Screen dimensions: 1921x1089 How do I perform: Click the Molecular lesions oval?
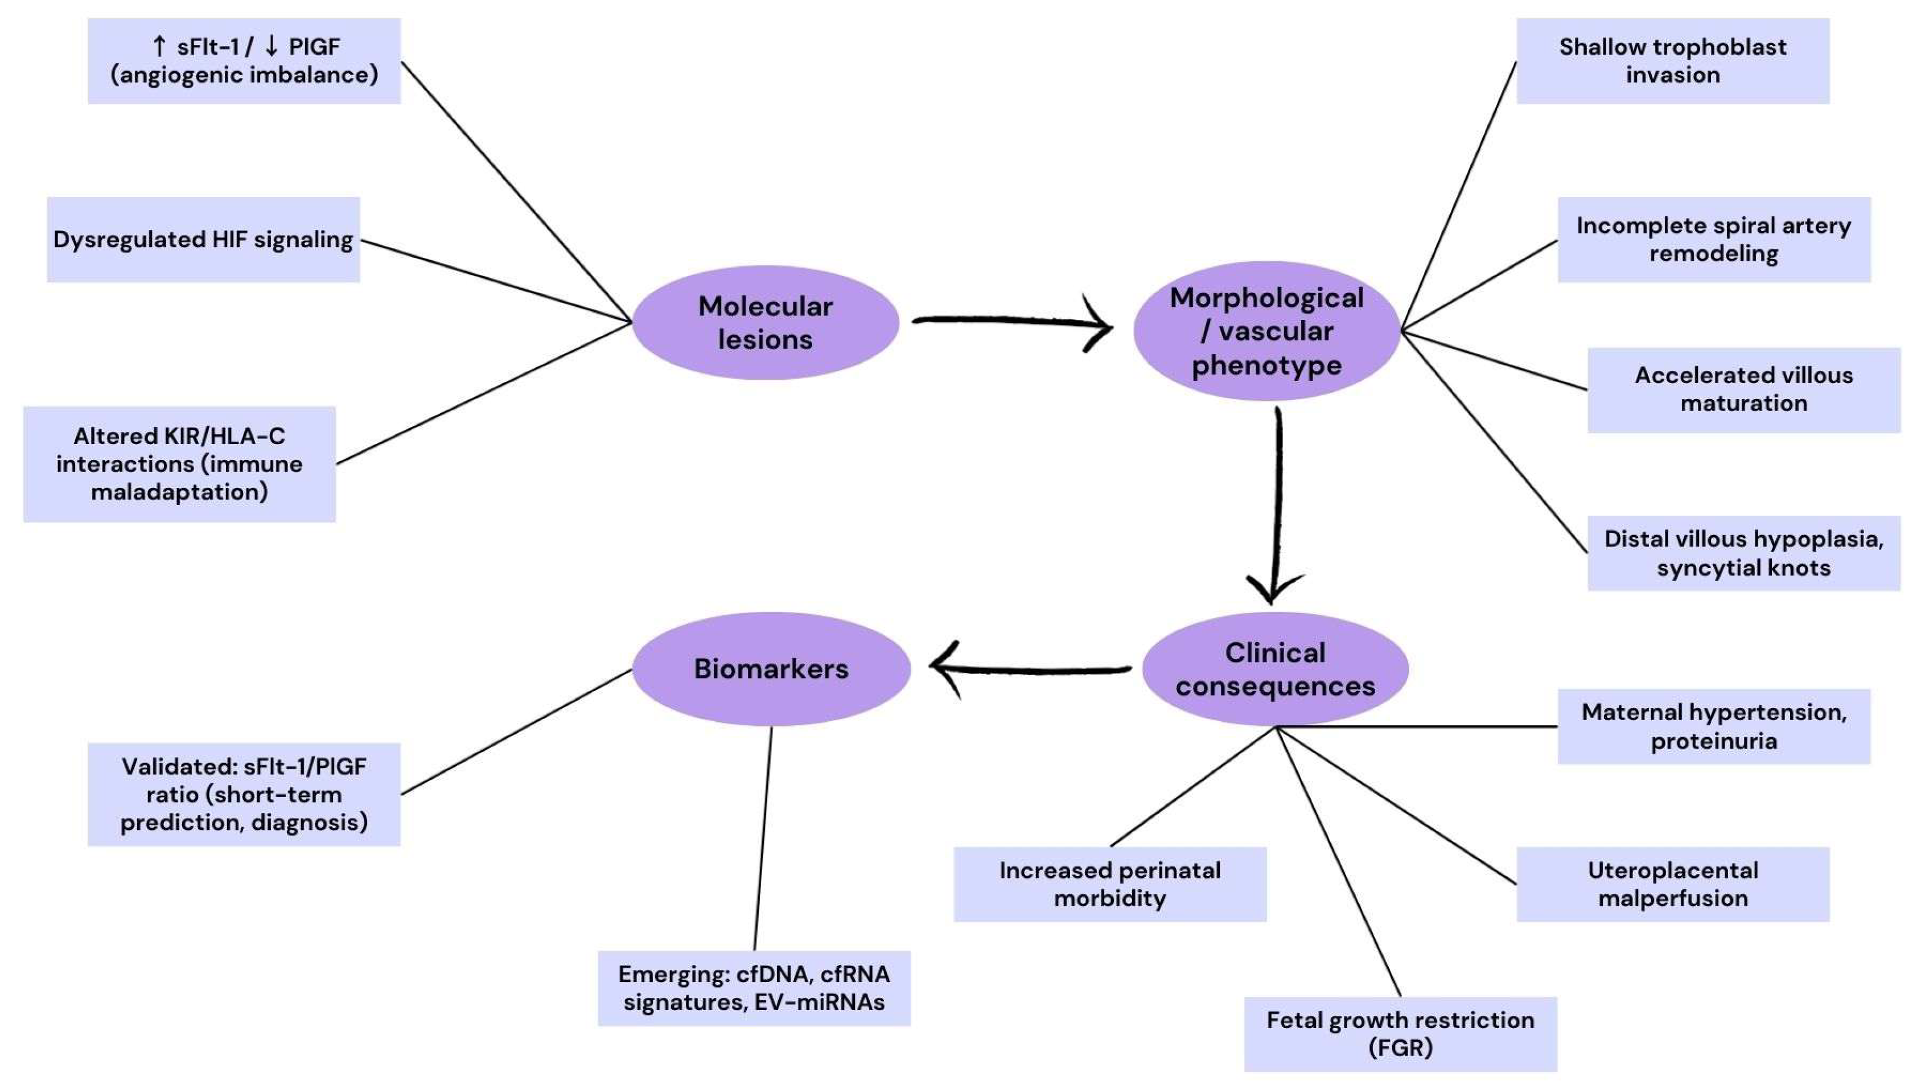click(765, 322)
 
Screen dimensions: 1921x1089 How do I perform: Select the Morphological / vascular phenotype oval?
click(1266, 331)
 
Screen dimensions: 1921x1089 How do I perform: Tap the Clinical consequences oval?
click(1275, 669)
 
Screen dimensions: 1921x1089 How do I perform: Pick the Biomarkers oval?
click(771, 669)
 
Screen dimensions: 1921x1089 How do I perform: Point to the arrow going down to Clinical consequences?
click(1277, 505)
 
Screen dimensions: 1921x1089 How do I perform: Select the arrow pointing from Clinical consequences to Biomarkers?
click(1030, 669)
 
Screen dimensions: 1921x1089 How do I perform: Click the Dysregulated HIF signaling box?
click(203, 239)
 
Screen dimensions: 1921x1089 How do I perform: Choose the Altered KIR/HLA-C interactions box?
click(179, 464)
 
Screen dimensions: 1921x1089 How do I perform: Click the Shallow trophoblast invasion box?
click(1673, 60)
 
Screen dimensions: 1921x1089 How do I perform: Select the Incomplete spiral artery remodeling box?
click(1714, 239)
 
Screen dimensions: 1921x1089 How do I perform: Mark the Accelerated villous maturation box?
click(1744, 390)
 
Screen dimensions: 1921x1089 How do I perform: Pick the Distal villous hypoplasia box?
click(1744, 553)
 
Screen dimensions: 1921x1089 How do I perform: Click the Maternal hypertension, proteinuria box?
click(1714, 726)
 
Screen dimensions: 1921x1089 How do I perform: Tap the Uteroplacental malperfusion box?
click(1673, 884)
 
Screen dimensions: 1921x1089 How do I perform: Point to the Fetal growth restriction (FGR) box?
click(1401, 1034)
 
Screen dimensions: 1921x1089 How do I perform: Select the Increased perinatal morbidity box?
click(1110, 884)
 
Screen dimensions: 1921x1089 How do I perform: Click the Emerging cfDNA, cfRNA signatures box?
click(754, 988)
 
